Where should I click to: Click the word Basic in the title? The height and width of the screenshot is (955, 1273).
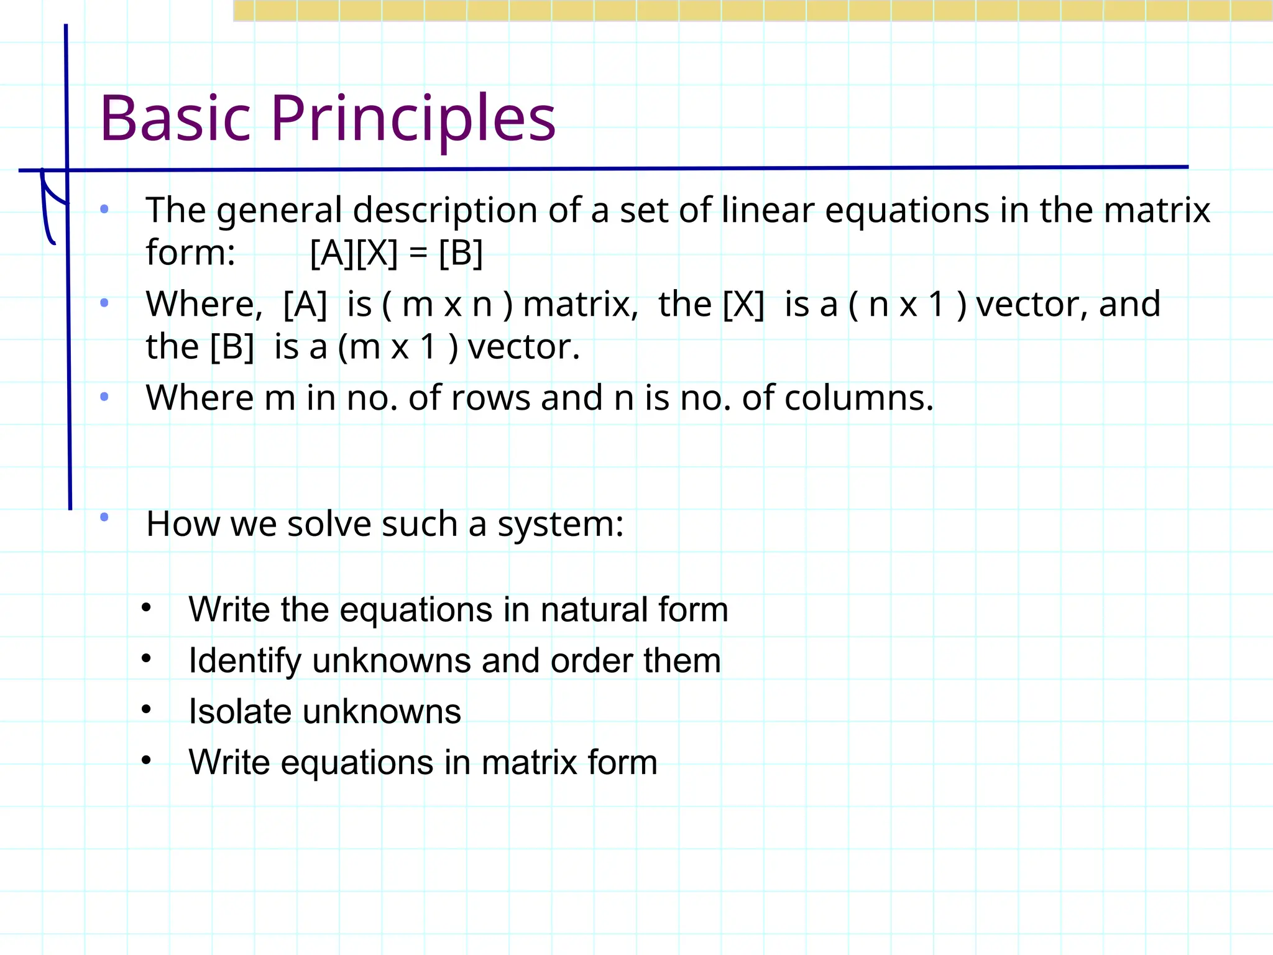(175, 118)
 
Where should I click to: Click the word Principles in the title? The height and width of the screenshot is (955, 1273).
(413, 118)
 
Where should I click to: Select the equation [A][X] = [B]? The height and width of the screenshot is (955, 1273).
(396, 253)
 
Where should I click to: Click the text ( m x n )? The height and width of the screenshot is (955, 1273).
(447, 305)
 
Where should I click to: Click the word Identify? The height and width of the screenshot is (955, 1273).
(245, 660)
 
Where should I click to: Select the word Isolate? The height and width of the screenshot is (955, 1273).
(240, 711)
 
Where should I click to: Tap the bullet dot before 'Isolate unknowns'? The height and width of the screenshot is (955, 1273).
(146, 709)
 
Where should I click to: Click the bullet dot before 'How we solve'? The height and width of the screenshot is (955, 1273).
(104, 517)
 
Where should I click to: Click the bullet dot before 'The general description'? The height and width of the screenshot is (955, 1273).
(104, 209)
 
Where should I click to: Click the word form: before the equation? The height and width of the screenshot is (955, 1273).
(190, 253)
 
